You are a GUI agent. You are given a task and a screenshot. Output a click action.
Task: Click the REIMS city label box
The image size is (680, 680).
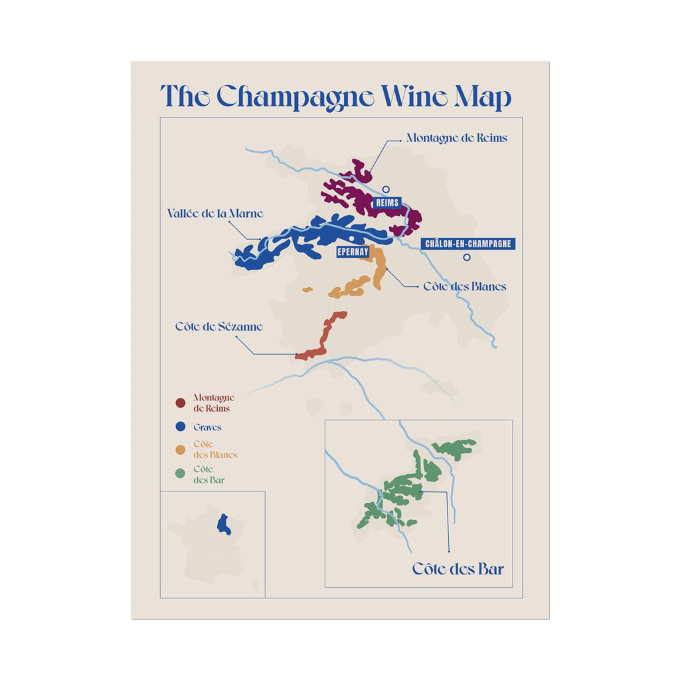coord(386,203)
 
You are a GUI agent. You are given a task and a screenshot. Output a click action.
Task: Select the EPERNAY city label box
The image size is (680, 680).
coord(353,252)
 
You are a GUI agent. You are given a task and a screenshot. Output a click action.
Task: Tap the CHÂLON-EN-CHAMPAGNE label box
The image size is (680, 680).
coord(468,244)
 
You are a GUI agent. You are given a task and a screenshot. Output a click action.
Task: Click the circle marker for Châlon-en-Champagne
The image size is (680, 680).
coord(467,258)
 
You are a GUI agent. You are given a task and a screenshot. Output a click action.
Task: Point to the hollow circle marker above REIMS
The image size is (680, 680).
coord(386,189)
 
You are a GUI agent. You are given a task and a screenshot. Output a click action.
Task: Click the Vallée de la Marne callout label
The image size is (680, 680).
coord(214,214)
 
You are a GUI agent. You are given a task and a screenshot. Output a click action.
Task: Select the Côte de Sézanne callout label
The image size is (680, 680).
coord(219,327)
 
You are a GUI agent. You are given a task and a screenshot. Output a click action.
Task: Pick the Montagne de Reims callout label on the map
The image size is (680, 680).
coord(456,138)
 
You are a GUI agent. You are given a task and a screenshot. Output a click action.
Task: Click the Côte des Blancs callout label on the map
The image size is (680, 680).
coord(465,287)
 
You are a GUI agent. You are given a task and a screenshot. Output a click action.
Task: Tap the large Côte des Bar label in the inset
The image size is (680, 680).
coord(458,569)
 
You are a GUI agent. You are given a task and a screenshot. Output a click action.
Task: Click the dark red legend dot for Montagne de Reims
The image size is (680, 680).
coord(180,403)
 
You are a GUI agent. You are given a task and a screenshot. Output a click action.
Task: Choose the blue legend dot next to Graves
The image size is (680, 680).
coord(180,427)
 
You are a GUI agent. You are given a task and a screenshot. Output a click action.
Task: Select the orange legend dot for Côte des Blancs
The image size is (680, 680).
coord(180,450)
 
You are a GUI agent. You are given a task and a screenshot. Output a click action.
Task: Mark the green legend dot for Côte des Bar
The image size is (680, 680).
coord(180,474)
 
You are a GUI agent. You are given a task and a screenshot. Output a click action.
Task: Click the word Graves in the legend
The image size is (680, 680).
coord(207,428)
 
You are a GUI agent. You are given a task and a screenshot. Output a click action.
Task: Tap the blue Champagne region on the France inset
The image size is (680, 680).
coord(224,524)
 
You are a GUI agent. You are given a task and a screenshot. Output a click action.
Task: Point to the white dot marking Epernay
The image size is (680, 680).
coord(350,238)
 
